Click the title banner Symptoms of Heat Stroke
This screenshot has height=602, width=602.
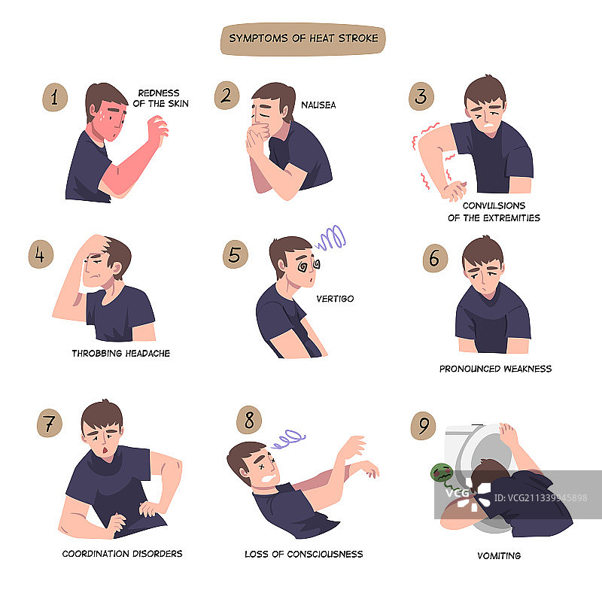pos(303,39)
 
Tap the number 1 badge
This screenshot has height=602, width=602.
pos(55,97)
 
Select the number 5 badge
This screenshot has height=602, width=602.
pos(236,254)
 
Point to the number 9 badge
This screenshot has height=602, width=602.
pos(423,426)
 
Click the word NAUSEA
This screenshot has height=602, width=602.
pos(318,105)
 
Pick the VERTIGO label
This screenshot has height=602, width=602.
pos(335,299)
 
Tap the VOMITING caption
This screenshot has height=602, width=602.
pos(499,555)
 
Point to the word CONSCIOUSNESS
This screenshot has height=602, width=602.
pos(325,554)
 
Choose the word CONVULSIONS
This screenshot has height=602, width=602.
pos(494,205)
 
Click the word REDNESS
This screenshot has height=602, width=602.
pos(159,93)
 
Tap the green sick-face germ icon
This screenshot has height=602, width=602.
pos(442,473)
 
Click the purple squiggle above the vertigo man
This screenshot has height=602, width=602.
pos(330,238)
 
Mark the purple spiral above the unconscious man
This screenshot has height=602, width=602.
pos(288,439)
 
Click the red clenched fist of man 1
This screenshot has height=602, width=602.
pos(158,129)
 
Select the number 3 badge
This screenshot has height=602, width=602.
pos(421,96)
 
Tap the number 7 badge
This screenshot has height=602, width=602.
pos(50,423)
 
